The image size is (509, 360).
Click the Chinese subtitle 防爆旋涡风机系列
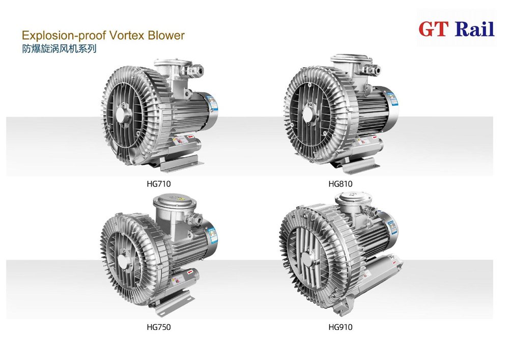[x=59, y=49]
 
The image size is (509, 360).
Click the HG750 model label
[x=158, y=327]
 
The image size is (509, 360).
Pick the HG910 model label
[x=340, y=327]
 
